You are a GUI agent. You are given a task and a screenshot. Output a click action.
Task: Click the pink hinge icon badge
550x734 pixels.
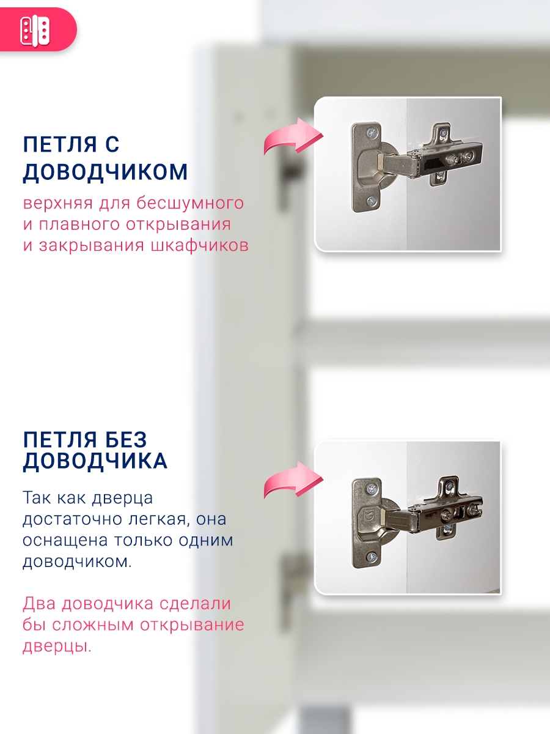pyautogui.click(x=35, y=29)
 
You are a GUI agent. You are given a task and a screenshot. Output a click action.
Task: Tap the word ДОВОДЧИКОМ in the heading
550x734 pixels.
pyautogui.click(x=105, y=172)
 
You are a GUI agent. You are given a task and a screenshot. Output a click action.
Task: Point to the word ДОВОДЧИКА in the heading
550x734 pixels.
pyautogui.click(x=95, y=461)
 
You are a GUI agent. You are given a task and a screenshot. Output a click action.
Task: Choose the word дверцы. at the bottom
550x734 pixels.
pyautogui.click(x=57, y=647)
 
